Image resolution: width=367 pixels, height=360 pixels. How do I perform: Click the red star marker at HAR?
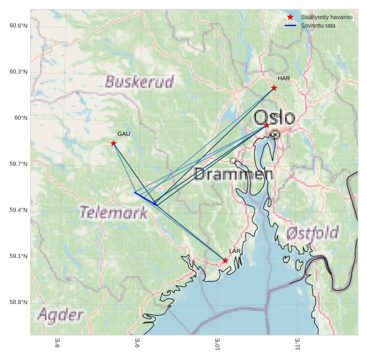pos(274,88)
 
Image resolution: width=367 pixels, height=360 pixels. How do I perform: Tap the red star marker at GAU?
pos(114,143)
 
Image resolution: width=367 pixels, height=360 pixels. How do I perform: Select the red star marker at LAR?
pos(225,261)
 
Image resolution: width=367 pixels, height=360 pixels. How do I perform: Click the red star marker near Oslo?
pos(267,125)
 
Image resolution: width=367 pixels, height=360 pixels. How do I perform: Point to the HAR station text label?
pos(284,79)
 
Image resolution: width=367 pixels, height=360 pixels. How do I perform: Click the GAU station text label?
pos(124,134)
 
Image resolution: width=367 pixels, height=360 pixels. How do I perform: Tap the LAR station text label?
pos(234,251)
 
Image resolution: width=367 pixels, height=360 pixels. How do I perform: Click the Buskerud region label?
pos(139,82)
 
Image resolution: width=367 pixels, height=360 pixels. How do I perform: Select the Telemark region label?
pos(114,213)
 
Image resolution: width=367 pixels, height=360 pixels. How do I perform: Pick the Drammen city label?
pos(233,174)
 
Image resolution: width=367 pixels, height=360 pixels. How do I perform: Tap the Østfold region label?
pos(312,233)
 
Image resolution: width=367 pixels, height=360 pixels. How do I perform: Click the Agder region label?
pos(60,316)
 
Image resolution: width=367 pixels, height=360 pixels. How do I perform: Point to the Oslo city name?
pos(274,117)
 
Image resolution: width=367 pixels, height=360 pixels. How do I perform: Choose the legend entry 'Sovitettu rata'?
pos(317,25)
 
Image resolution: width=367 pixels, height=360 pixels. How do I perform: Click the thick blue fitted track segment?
pos(145,198)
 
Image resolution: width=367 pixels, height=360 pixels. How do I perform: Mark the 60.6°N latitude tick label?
pos(18,26)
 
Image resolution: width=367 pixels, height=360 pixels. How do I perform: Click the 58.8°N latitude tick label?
pos(18,302)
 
